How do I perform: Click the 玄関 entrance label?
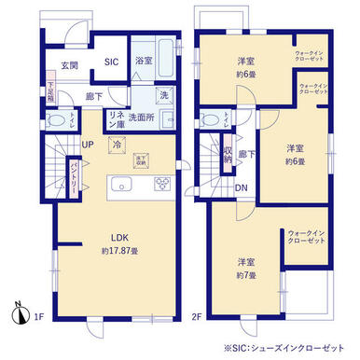point(70,64)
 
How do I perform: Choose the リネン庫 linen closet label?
point(118,118)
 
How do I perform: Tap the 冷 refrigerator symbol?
point(117,145)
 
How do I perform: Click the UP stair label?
point(87,145)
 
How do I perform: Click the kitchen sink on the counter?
point(121,184)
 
